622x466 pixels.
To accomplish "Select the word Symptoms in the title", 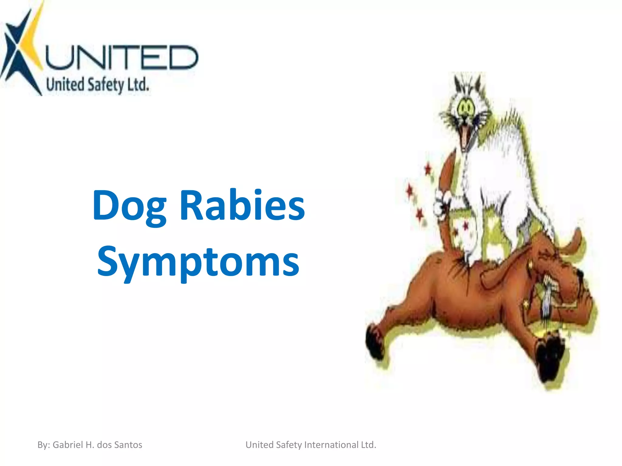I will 198,262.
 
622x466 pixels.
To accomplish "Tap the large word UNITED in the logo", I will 121,57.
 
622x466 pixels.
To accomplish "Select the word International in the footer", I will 331,445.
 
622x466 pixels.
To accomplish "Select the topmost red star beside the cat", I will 428,168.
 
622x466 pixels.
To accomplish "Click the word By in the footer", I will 43,445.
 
